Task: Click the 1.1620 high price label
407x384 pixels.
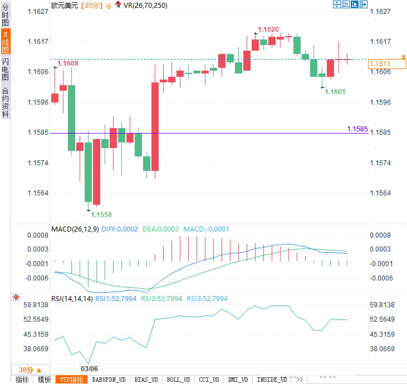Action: [268, 29]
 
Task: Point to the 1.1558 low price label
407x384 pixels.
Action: [101, 215]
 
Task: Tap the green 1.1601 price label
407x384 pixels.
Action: [335, 92]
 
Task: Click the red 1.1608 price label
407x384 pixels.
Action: [68, 63]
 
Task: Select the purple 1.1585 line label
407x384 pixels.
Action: [357, 129]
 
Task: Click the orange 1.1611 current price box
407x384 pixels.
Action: [387, 64]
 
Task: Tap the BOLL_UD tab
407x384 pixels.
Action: [178, 380]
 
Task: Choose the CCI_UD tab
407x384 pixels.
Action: [209, 380]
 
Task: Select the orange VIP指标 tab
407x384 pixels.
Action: [72, 380]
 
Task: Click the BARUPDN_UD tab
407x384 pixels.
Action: [109, 380]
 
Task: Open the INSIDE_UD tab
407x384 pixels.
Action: [272, 380]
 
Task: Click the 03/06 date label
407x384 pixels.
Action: [89, 369]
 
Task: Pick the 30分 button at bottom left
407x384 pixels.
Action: [30, 370]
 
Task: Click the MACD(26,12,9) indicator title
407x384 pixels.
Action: [75, 229]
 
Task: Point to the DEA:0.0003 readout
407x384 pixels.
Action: [160, 229]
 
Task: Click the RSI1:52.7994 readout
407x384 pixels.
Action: [116, 299]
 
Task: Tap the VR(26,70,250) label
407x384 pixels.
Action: [145, 5]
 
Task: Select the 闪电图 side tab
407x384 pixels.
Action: [5, 69]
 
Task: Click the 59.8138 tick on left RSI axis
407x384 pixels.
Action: [36, 305]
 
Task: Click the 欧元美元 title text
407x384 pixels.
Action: [65, 5]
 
